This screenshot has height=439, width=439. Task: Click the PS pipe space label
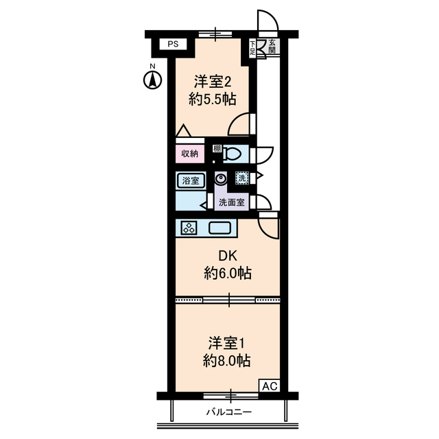coord(173,45)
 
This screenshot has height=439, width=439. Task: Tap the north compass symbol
coord(153,78)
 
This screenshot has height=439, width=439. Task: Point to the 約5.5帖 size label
coord(212,99)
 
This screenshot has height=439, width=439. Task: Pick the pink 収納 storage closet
coord(190,154)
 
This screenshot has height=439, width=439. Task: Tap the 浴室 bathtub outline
coord(190,180)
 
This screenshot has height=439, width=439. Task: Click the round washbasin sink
coord(220,179)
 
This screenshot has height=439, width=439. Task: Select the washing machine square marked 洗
coord(241,178)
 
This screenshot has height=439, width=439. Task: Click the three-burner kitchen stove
coord(188,228)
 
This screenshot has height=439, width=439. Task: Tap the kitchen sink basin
coord(220,228)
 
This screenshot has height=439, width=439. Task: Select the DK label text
coord(226,257)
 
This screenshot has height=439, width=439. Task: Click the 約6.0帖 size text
coord(226,274)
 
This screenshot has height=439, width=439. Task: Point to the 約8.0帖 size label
coord(226,360)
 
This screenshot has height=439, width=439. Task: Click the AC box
coord(268,386)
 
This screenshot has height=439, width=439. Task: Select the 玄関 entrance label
coord(272,46)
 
